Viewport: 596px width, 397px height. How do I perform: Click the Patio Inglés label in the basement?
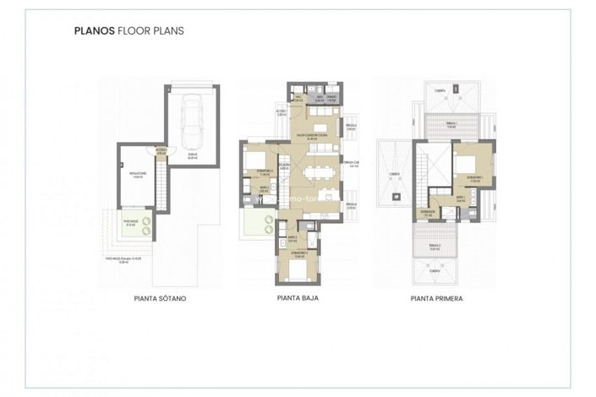tap(130, 224)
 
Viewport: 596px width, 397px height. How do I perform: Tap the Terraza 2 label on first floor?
tap(434, 247)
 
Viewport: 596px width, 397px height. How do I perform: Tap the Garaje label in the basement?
tap(193, 155)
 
